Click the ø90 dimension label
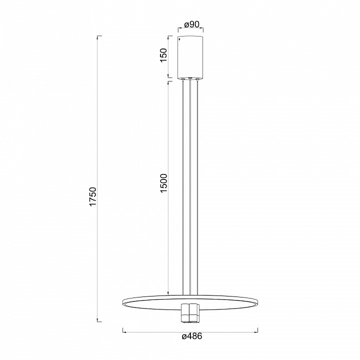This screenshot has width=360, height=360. tap(191, 24)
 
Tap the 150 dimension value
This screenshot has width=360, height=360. tap(163, 55)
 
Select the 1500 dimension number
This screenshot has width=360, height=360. tap(163, 183)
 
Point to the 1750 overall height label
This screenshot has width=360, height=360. tap(93, 197)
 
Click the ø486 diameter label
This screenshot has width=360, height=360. tap(192, 336)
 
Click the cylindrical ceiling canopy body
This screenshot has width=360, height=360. tap(190, 57)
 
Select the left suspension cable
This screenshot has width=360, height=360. tap(183, 187)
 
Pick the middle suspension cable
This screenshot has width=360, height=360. tap(190, 187)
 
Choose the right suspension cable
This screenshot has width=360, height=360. tap(197, 187)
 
